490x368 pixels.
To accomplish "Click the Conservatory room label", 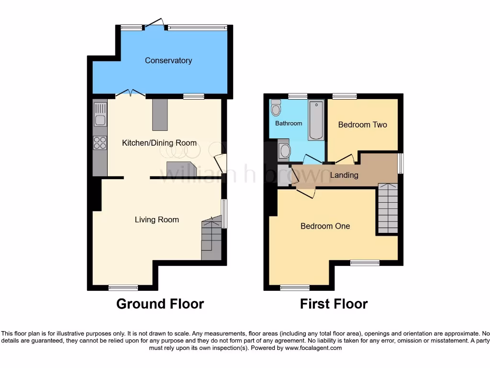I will click(168, 60).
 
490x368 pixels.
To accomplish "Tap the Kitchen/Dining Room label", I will click(159, 143).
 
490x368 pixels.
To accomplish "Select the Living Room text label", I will click(156, 220).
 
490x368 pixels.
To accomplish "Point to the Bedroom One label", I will click(325, 226).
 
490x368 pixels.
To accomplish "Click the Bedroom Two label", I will click(362, 125).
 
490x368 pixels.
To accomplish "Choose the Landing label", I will click(344, 175).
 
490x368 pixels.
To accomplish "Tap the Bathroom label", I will click(289, 123).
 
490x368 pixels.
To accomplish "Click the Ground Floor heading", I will click(160, 304).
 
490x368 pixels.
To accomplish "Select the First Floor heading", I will click(334, 304).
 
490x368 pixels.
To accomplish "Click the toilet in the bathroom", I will click(276, 109).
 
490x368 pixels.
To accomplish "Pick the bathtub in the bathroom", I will click(316, 120).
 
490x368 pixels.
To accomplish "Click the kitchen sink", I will click(100, 117).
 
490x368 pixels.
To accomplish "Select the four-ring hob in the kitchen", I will click(100, 142).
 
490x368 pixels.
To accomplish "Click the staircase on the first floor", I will click(388, 208).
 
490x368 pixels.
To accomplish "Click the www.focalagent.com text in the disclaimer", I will click(313, 348).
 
